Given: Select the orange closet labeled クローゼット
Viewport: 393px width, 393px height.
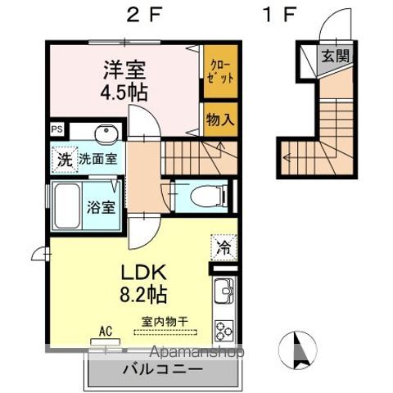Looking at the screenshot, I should pyautogui.click(x=220, y=72).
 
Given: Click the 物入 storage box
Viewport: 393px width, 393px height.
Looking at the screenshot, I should pyautogui.click(x=220, y=119).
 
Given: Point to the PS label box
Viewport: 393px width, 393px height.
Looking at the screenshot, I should pyautogui.click(x=56, y=129).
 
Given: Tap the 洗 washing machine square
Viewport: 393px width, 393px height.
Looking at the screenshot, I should pyautogui.click(x=64, y=159).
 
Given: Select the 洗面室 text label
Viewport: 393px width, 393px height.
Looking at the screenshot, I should pyautogui.click(x=97, y=160).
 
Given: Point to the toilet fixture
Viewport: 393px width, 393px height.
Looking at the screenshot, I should pyautogui.click(x=202, y=196).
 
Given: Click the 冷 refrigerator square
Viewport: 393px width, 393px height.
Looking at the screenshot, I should pyautogui.click(x=223, y=244).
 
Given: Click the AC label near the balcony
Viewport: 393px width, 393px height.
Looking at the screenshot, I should pyautogui.click(x=105, y=331).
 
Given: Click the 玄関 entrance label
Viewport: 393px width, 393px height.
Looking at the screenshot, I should pyautogui.click(x=333, y=56).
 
